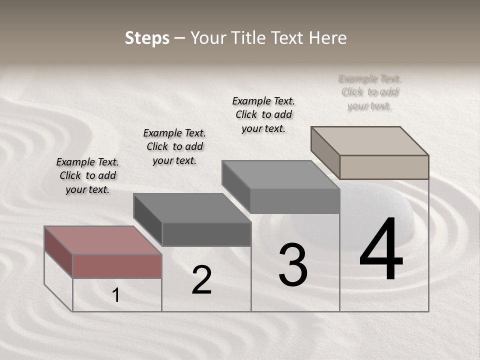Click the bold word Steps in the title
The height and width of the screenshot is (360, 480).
coord(147,38)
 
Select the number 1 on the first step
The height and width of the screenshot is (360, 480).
coord(116,295)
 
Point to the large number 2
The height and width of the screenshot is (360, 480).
coord(201,280)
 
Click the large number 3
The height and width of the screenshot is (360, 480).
coord(293,265)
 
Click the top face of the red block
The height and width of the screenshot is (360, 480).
coord(102,240)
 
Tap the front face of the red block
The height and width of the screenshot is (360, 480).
coord(117,266)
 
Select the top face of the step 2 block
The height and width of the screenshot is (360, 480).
coord(191,207)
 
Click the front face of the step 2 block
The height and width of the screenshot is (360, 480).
coord(206,234)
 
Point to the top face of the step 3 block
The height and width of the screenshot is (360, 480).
coord(280,174)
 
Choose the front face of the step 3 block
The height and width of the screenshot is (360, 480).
coord(295,201)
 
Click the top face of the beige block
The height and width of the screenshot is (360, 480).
coord(369,140)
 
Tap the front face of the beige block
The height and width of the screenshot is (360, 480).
coord(384,167)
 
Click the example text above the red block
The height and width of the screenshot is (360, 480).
coord(87,175)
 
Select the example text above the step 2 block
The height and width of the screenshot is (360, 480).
coord(174,146)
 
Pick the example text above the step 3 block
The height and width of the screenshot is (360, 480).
coord(263,114)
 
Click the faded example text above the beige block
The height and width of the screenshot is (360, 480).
coord(370,92)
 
